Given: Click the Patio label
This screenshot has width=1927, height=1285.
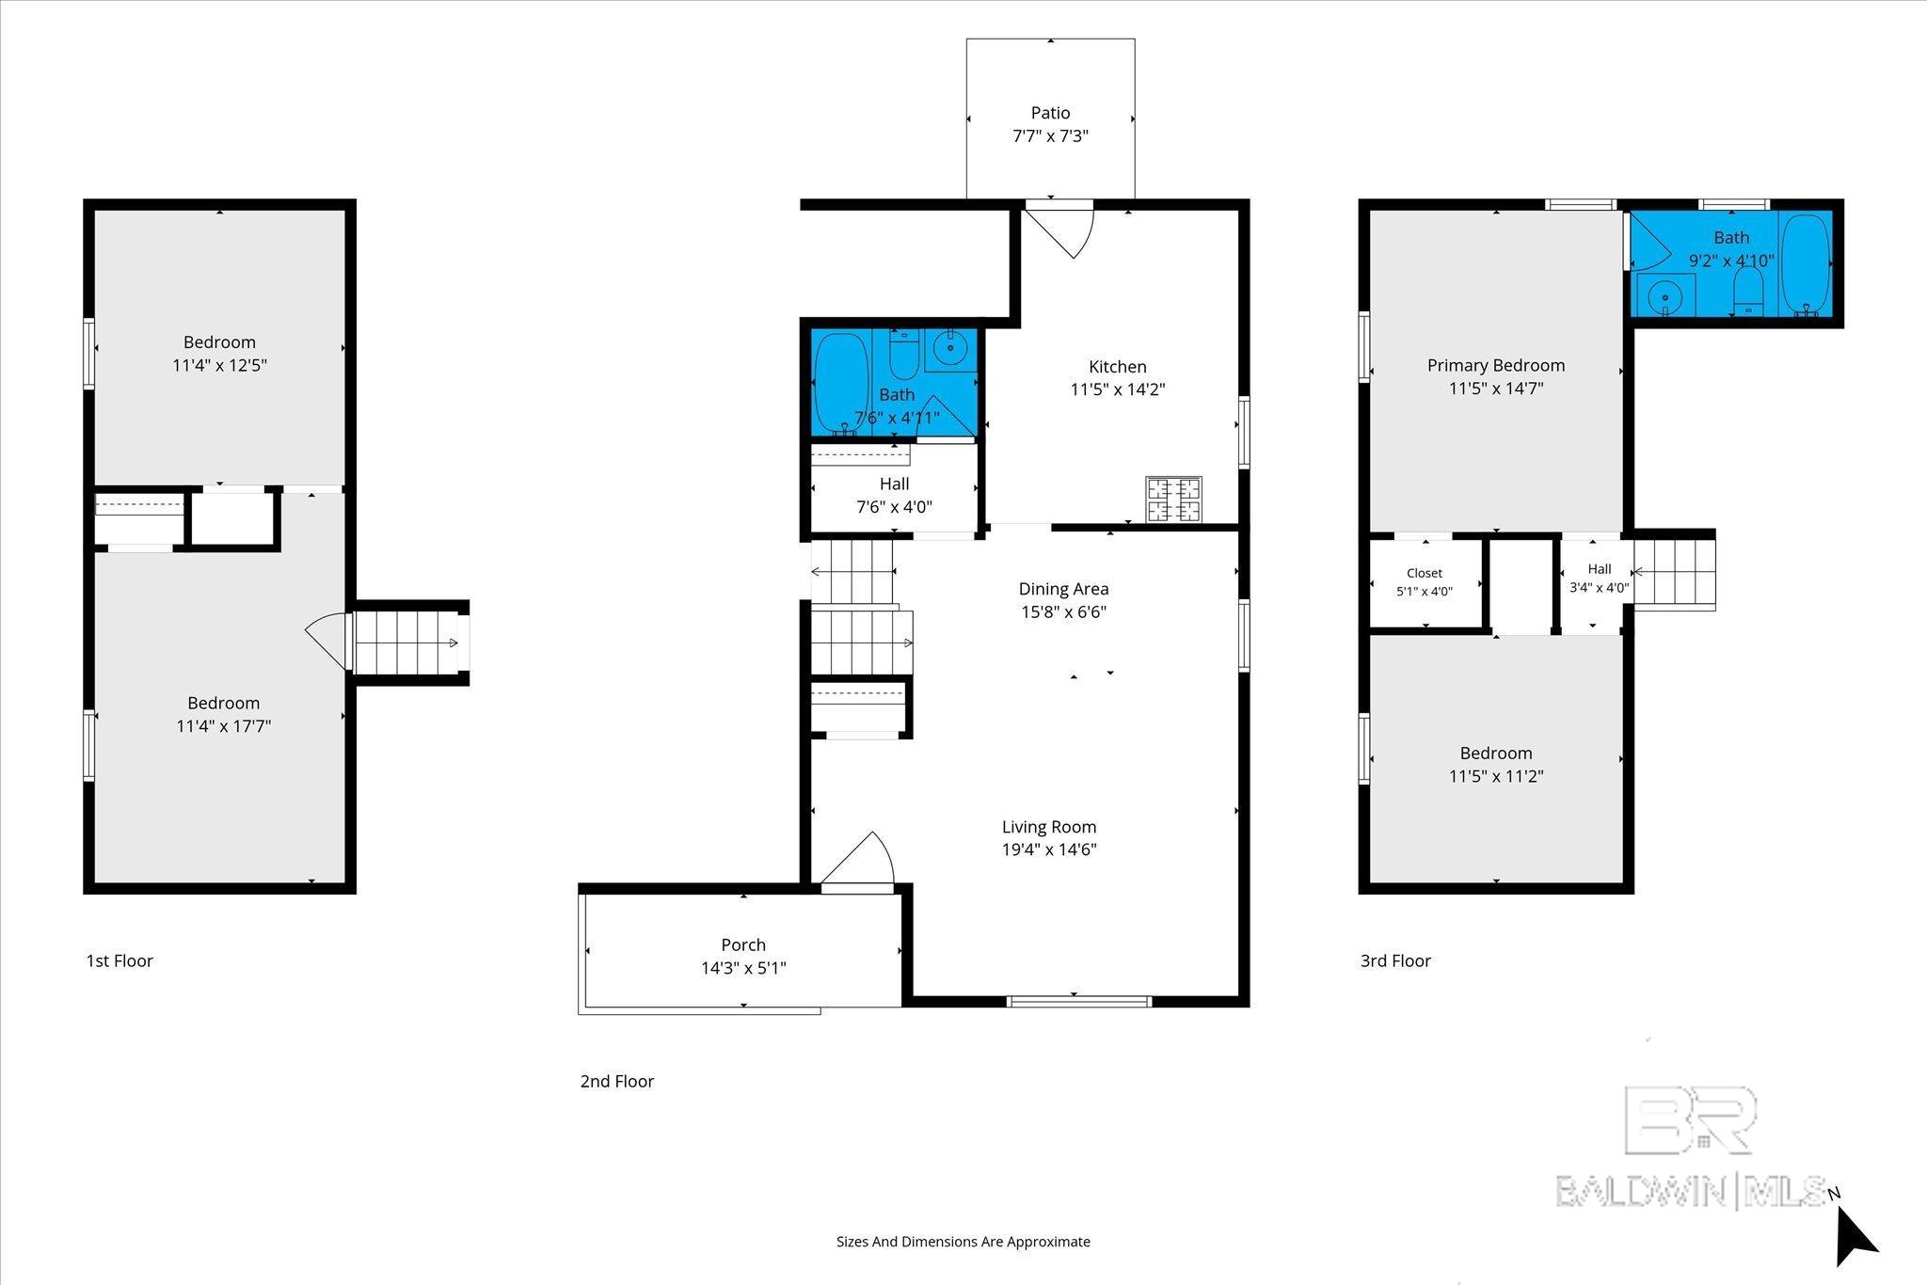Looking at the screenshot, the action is pyautogui.click(x=1050, y=113).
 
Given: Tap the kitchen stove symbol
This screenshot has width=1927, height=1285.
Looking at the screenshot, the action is pyautogui.click(x=1173, y=500).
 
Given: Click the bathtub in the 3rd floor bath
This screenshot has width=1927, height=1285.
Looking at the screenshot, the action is pyautogui.click(x=1806, y=264).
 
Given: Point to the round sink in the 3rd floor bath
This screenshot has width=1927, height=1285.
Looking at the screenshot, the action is pyautogui.click(x=1665, y=295).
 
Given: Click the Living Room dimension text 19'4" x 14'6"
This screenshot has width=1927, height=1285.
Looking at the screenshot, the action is pyautogui.click(x=1049, y=850).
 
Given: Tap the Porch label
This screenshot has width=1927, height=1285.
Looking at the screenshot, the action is pyautogui.click(x=743, y=945).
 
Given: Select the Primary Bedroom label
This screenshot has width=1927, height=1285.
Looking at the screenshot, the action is pyautogui.click(x=1496, y=366).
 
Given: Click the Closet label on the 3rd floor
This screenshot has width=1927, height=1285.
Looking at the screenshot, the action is pyautogui.click(x=1425, y=573).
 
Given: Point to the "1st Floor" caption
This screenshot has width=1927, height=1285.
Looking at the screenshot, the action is pyautogui.click(x=119, y=960).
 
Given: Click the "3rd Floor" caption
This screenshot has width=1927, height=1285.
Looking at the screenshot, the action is pyautogui.click(x=1395, y=960).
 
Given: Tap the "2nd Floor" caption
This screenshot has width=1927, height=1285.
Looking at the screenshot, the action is pyautogui.click(x=617, y=1081).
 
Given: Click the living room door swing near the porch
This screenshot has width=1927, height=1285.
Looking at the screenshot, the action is pyautogui.click(x=856, y=858).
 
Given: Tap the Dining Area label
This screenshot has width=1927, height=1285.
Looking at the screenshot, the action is pyautogui.click(x=1063, y=589).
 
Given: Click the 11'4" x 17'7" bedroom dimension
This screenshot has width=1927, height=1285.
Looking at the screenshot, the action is pyautogui.click(x=224, y=726).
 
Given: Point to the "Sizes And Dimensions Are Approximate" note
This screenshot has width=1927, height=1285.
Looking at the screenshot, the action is pyautogui.click(x=963, y=1242).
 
